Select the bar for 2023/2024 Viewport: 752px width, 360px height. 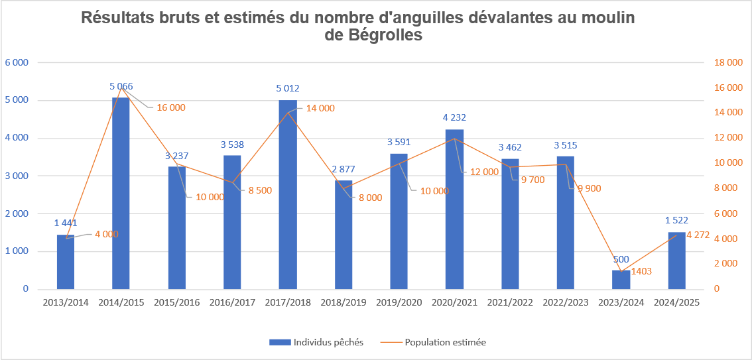pos(621,280)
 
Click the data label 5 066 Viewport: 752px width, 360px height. pos(121,86)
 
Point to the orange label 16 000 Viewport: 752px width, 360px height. pos(171,107)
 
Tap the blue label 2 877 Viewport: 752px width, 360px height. pos(344,168)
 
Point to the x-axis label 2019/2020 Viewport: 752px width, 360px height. pos(399,302)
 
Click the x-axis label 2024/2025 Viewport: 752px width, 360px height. pos(676,302)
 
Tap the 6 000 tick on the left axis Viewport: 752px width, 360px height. pos(17,63)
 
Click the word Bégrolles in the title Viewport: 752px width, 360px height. pos(385,36)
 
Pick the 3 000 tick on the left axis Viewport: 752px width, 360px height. pos(17,176)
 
